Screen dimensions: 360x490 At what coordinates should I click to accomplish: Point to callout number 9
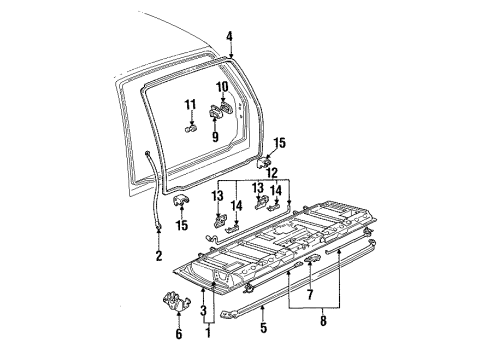[213, 127]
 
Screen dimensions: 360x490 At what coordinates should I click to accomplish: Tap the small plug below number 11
[190, 127]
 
